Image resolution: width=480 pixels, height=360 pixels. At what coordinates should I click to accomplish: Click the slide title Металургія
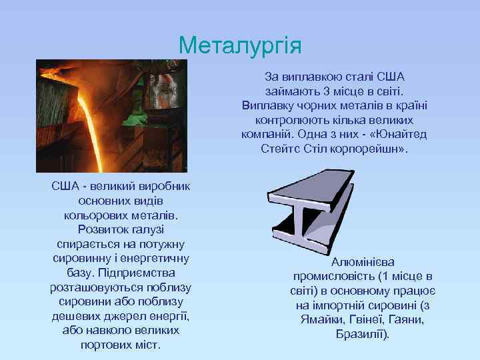(x=240, y=46)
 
